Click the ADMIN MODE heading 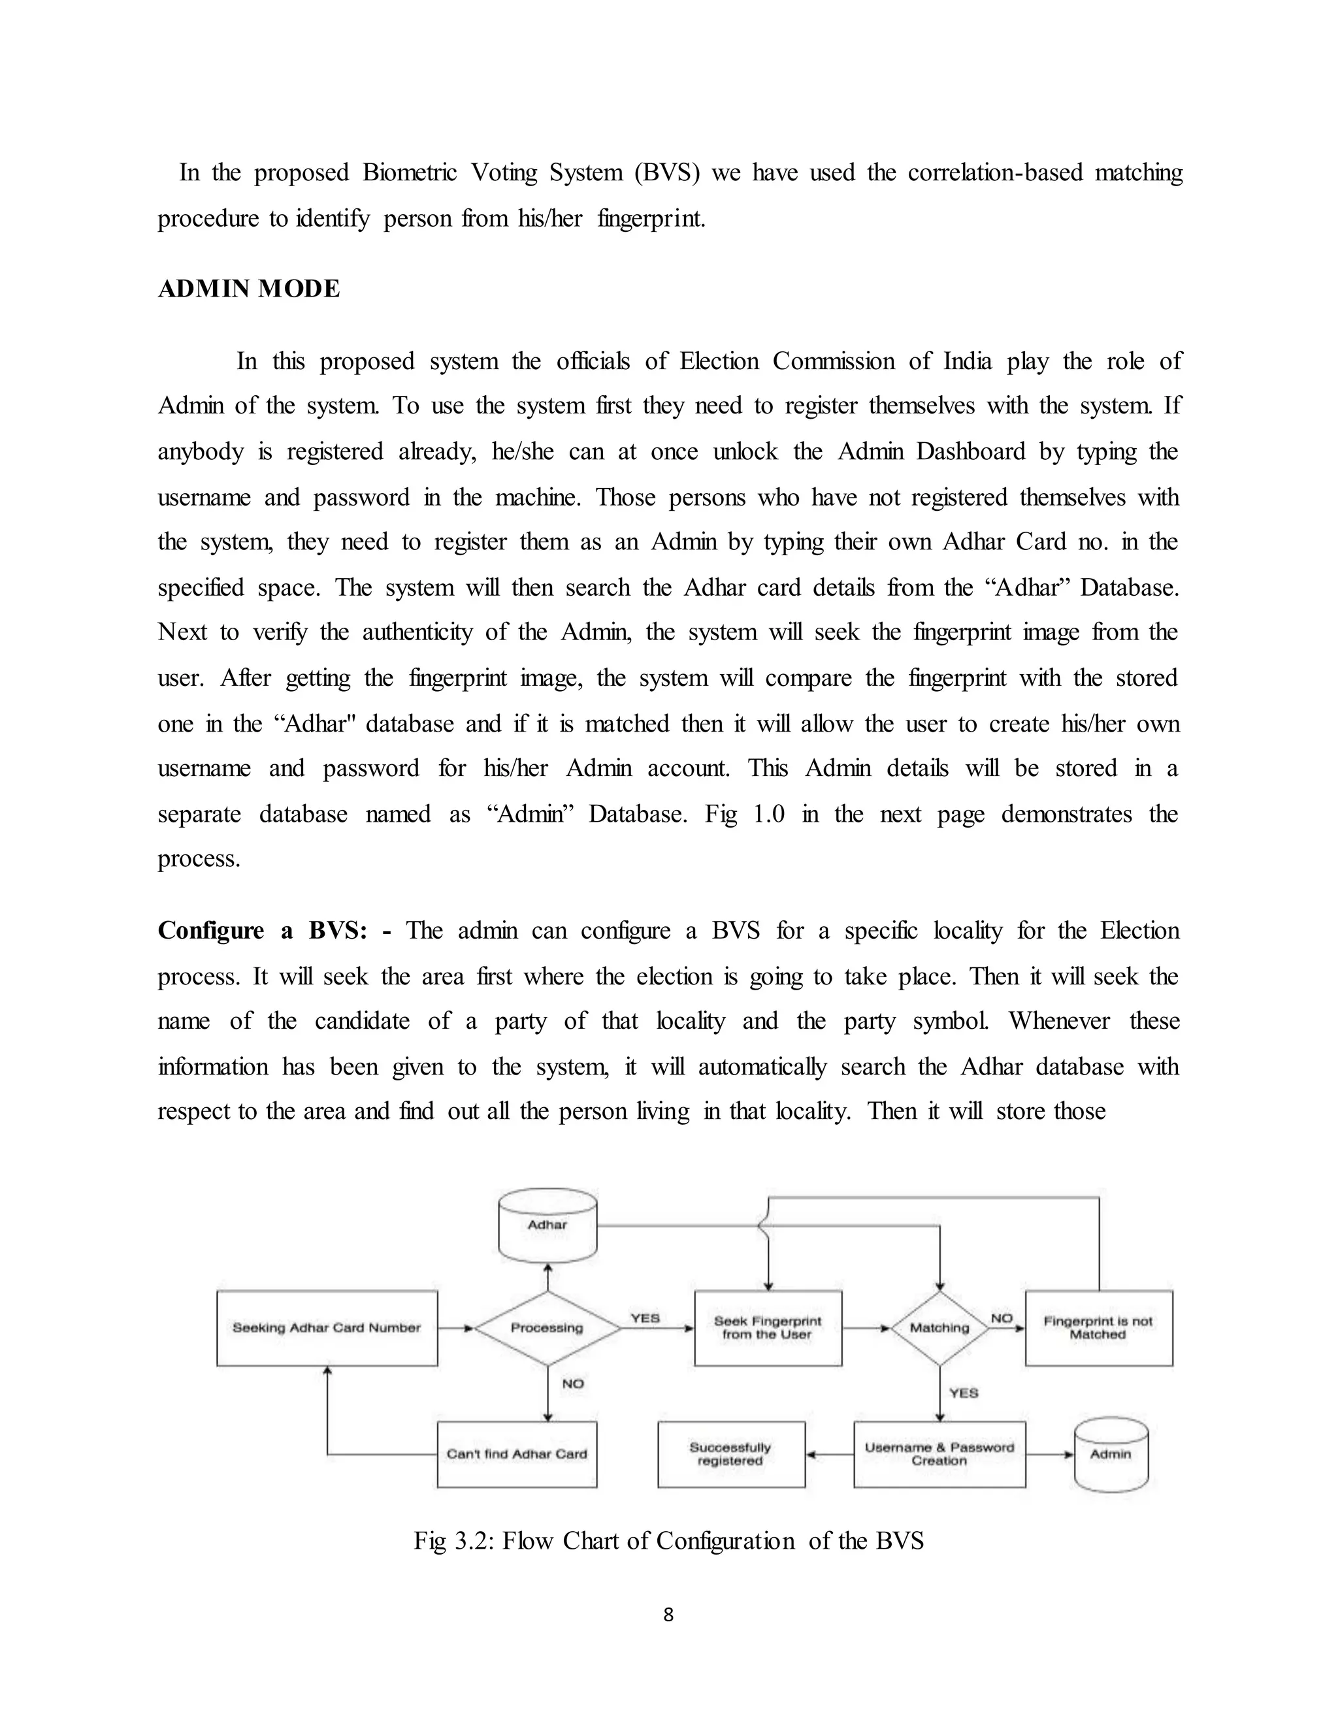pyautogui.click(x=249, y=289)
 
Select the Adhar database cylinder pyautogui.click(x=547, y=1225)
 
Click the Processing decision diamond pyautogui.click(x=547, y=1327)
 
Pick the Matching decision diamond pyautogui.click(x=939, y=1327)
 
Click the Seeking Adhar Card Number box pyautogui.click(x=327, y=1327)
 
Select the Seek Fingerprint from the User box pyautogui.click(x=767, y=1327)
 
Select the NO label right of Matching pyautogui.click(x=1002, y=1318)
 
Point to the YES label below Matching pyautogui.click(x=964, y=1393)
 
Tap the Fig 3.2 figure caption pyautogui.click(x=668, y=1540)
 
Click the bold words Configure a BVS pyautogui.click(x=261, y=930)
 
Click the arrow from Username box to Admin pyautogui.click(x=1049, y=1455)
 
